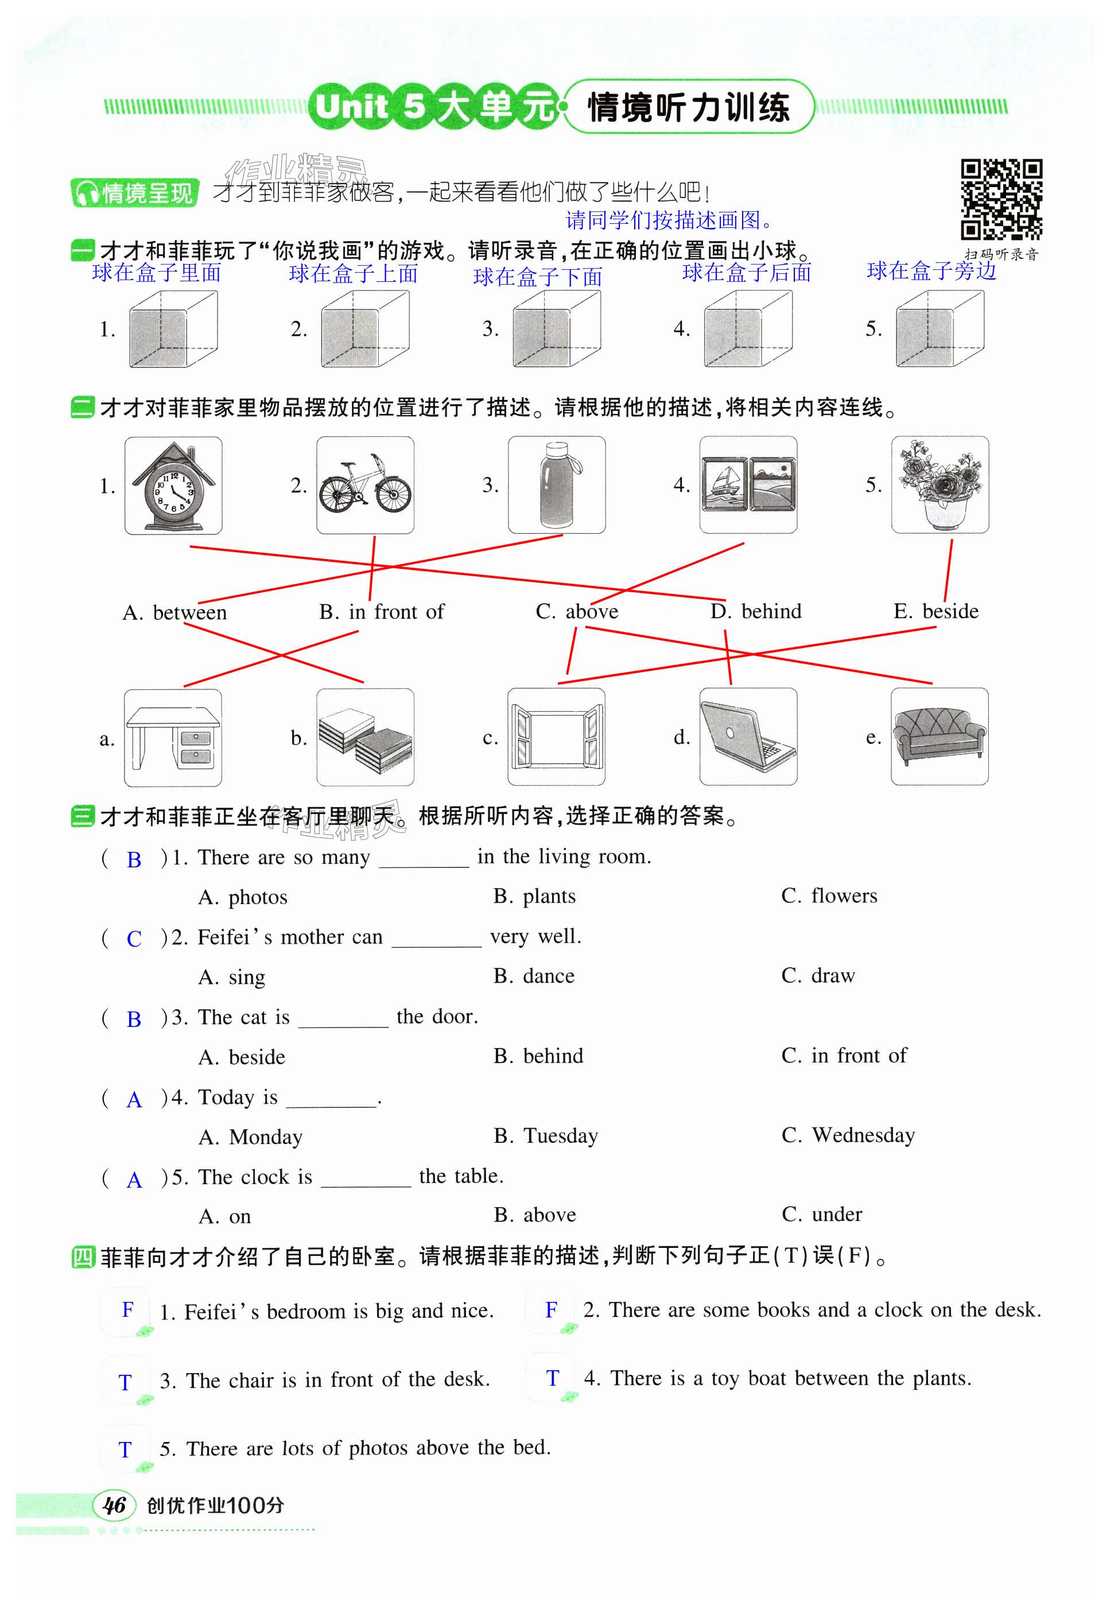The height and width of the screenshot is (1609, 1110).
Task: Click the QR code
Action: tap(1001, 200)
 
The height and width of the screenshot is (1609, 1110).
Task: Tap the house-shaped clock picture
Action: tap(173, 486)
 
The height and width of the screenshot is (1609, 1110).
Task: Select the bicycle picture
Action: tap(365, 486)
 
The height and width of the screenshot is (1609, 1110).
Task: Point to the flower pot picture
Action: tap(940, 485)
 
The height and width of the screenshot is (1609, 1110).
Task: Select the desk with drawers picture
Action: tap(173, 738)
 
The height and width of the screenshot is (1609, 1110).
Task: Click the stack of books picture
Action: tap(365, 738)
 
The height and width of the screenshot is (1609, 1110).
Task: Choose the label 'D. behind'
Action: tap(756, 611)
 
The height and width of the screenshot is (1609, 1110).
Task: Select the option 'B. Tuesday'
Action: tap(546, 1136)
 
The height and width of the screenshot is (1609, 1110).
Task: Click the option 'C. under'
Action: tap(822, 1215)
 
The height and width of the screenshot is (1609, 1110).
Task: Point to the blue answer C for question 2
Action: tap(134, 939)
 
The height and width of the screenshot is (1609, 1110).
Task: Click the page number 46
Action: tap(114, 1505)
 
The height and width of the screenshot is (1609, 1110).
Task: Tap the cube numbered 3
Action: tap(556, 328)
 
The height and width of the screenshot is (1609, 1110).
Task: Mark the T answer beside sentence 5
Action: tap(125, 1449)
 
